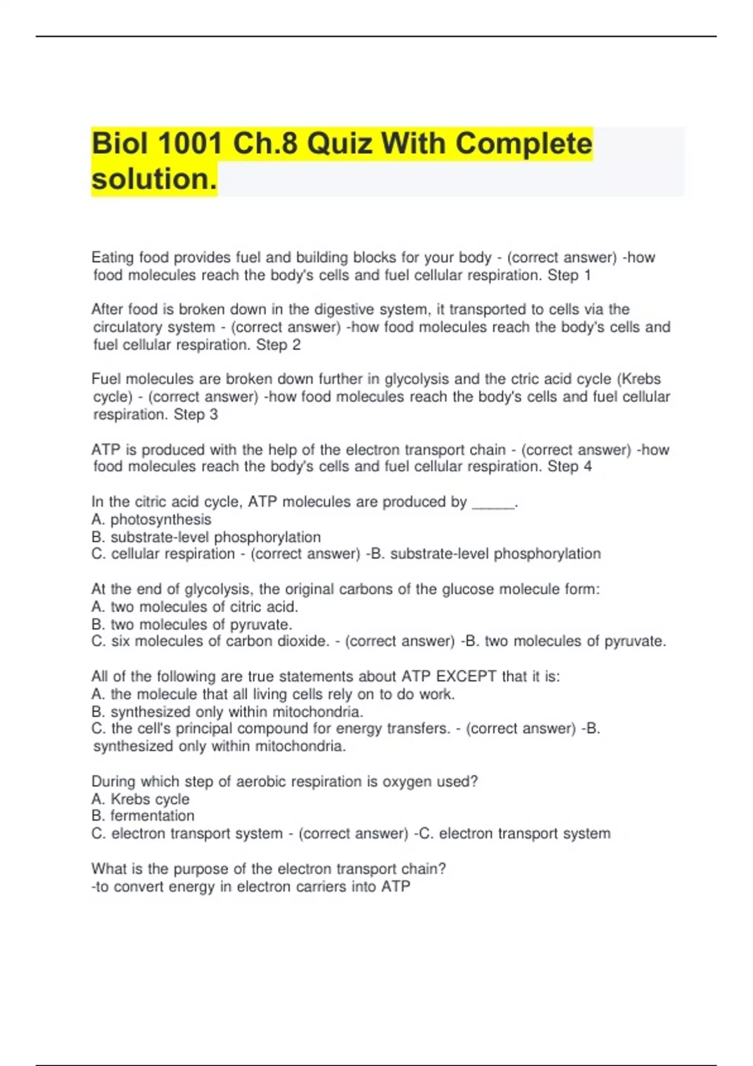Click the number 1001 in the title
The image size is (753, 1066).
click(190, 144)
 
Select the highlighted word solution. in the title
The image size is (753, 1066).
click(154, 179)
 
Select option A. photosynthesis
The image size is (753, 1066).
click(151, 520)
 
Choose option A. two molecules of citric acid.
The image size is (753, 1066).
click(195, 607)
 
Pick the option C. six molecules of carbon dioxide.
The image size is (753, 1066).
click(210, 641)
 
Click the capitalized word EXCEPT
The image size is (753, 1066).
click(466, 677)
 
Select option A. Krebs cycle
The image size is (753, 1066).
click(141, 799)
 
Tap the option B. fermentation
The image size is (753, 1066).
click(143, 816)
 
